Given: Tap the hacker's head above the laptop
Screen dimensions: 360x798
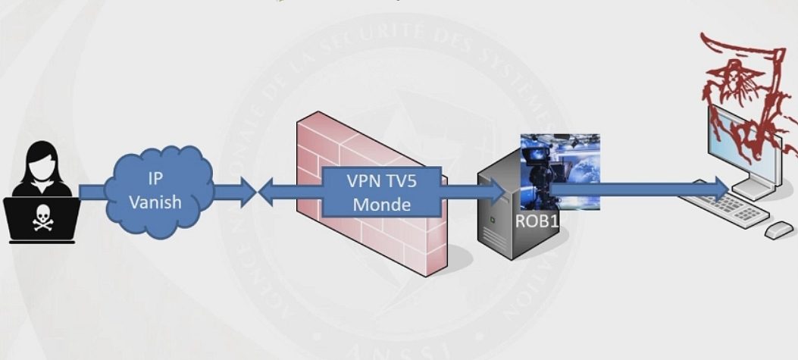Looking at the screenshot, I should click(x=40, y=163).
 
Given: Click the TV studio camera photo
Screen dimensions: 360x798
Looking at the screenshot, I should click(x=561, y=171).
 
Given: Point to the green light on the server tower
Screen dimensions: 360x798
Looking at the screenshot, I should click(x=494, y=219).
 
